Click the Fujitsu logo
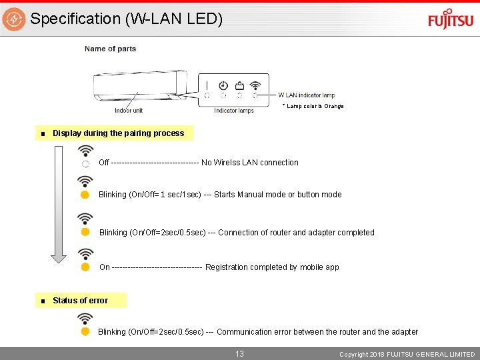451,19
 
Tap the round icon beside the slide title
14,19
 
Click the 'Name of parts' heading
110,49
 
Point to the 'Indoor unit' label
129,111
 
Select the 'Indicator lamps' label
233,111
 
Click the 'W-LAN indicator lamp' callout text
306,95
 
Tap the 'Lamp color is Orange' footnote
313,106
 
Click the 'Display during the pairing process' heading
118,133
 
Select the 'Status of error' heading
80,301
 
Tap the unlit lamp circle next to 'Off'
85,163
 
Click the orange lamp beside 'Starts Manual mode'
85,195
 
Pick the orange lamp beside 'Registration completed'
85,267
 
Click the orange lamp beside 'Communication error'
85,331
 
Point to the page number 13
239,354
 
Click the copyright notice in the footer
407,355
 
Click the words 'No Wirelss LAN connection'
249,163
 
